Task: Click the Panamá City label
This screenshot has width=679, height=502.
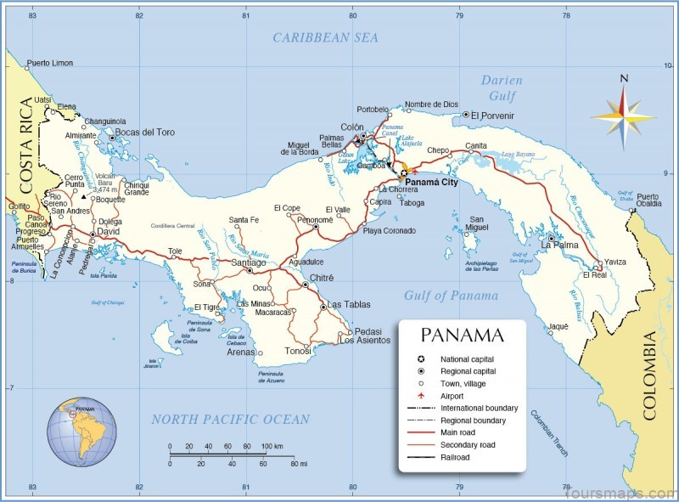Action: tap(432, 183)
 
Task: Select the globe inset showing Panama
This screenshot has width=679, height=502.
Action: tap(81, 434)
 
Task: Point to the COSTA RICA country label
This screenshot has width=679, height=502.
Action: tap(26, 146)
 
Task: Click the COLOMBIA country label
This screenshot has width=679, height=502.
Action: tap(651, 375)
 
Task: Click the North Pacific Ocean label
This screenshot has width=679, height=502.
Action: tap(230, 419)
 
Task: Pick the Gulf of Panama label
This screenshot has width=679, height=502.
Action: tap(451, 296)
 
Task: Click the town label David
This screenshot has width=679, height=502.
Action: tap(108, 231)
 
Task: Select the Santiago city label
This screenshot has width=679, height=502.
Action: tap(249, 262)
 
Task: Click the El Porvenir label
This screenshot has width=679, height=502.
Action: tap(493, 115)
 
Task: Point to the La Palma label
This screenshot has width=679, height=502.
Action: tap(559, 245)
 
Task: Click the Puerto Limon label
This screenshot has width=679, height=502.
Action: tap(50, 64)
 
